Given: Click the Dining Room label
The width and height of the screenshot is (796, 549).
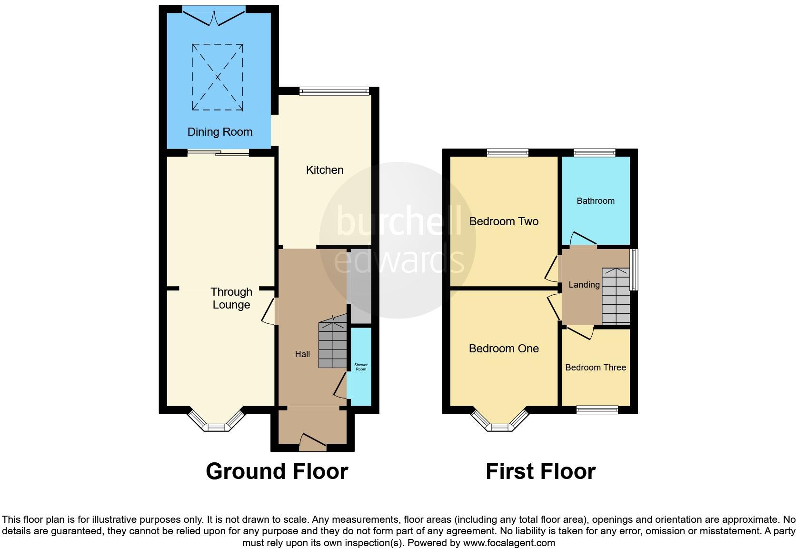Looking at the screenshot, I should click(219, 132).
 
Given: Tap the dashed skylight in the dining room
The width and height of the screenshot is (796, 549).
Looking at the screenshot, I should click(218, 77).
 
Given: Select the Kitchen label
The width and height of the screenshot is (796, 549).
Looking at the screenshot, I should click(325, 170).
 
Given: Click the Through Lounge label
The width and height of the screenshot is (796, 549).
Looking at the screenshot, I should click(231, 298).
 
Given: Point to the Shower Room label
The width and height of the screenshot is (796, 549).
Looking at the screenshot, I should click(361, 367).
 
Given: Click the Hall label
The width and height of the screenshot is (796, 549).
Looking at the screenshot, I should click(302, 354).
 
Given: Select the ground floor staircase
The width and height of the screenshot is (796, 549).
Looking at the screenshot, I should click(333, 344).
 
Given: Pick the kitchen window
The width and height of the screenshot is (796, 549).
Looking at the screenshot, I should click(334, 90).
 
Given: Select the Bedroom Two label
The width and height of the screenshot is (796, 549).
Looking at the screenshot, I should click(504, 221).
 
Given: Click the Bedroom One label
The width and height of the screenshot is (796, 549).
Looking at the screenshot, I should click(504, 349).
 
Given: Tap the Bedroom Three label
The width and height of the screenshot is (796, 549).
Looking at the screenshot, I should click(596, 368).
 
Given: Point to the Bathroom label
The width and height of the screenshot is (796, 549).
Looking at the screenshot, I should click(596, 201).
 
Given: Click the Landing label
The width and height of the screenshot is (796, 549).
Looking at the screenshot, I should click(584, 285).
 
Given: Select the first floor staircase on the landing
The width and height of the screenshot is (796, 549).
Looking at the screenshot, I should click(616, 296).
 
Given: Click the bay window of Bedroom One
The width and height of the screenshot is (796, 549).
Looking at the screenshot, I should click(500, 421).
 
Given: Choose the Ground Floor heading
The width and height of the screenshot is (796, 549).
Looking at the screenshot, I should click(277, 471).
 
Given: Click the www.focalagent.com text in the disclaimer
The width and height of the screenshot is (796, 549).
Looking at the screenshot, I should click(509, 543).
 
